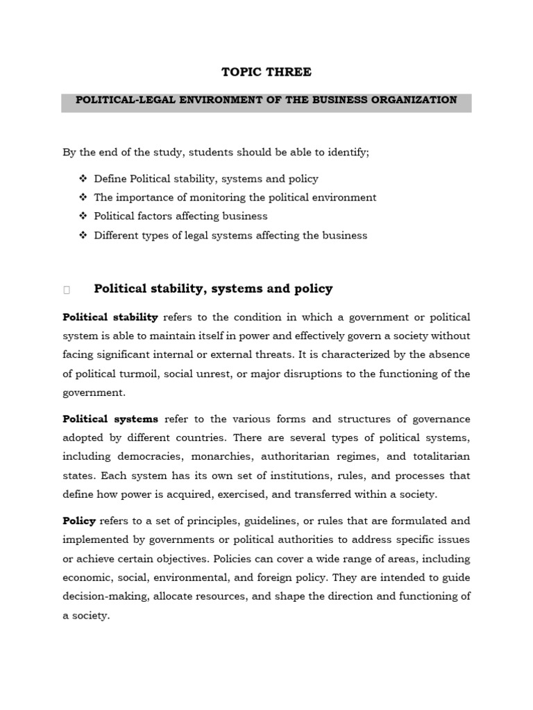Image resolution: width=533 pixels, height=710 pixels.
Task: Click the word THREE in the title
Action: point(287,72)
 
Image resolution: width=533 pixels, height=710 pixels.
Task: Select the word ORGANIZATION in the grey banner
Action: point(416,100)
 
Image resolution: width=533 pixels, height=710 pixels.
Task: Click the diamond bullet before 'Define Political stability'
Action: point(83,179)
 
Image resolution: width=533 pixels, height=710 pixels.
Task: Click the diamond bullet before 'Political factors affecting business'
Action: point(83,216)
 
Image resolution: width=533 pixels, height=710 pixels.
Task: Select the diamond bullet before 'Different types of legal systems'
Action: point(83,235)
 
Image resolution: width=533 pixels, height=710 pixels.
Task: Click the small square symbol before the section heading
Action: point(67,290)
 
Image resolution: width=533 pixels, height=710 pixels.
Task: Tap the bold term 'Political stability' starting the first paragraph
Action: point(110,317)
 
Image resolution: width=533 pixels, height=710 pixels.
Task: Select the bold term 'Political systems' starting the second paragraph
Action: point(110,419)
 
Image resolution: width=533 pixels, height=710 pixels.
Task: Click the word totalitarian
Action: point(442,457)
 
